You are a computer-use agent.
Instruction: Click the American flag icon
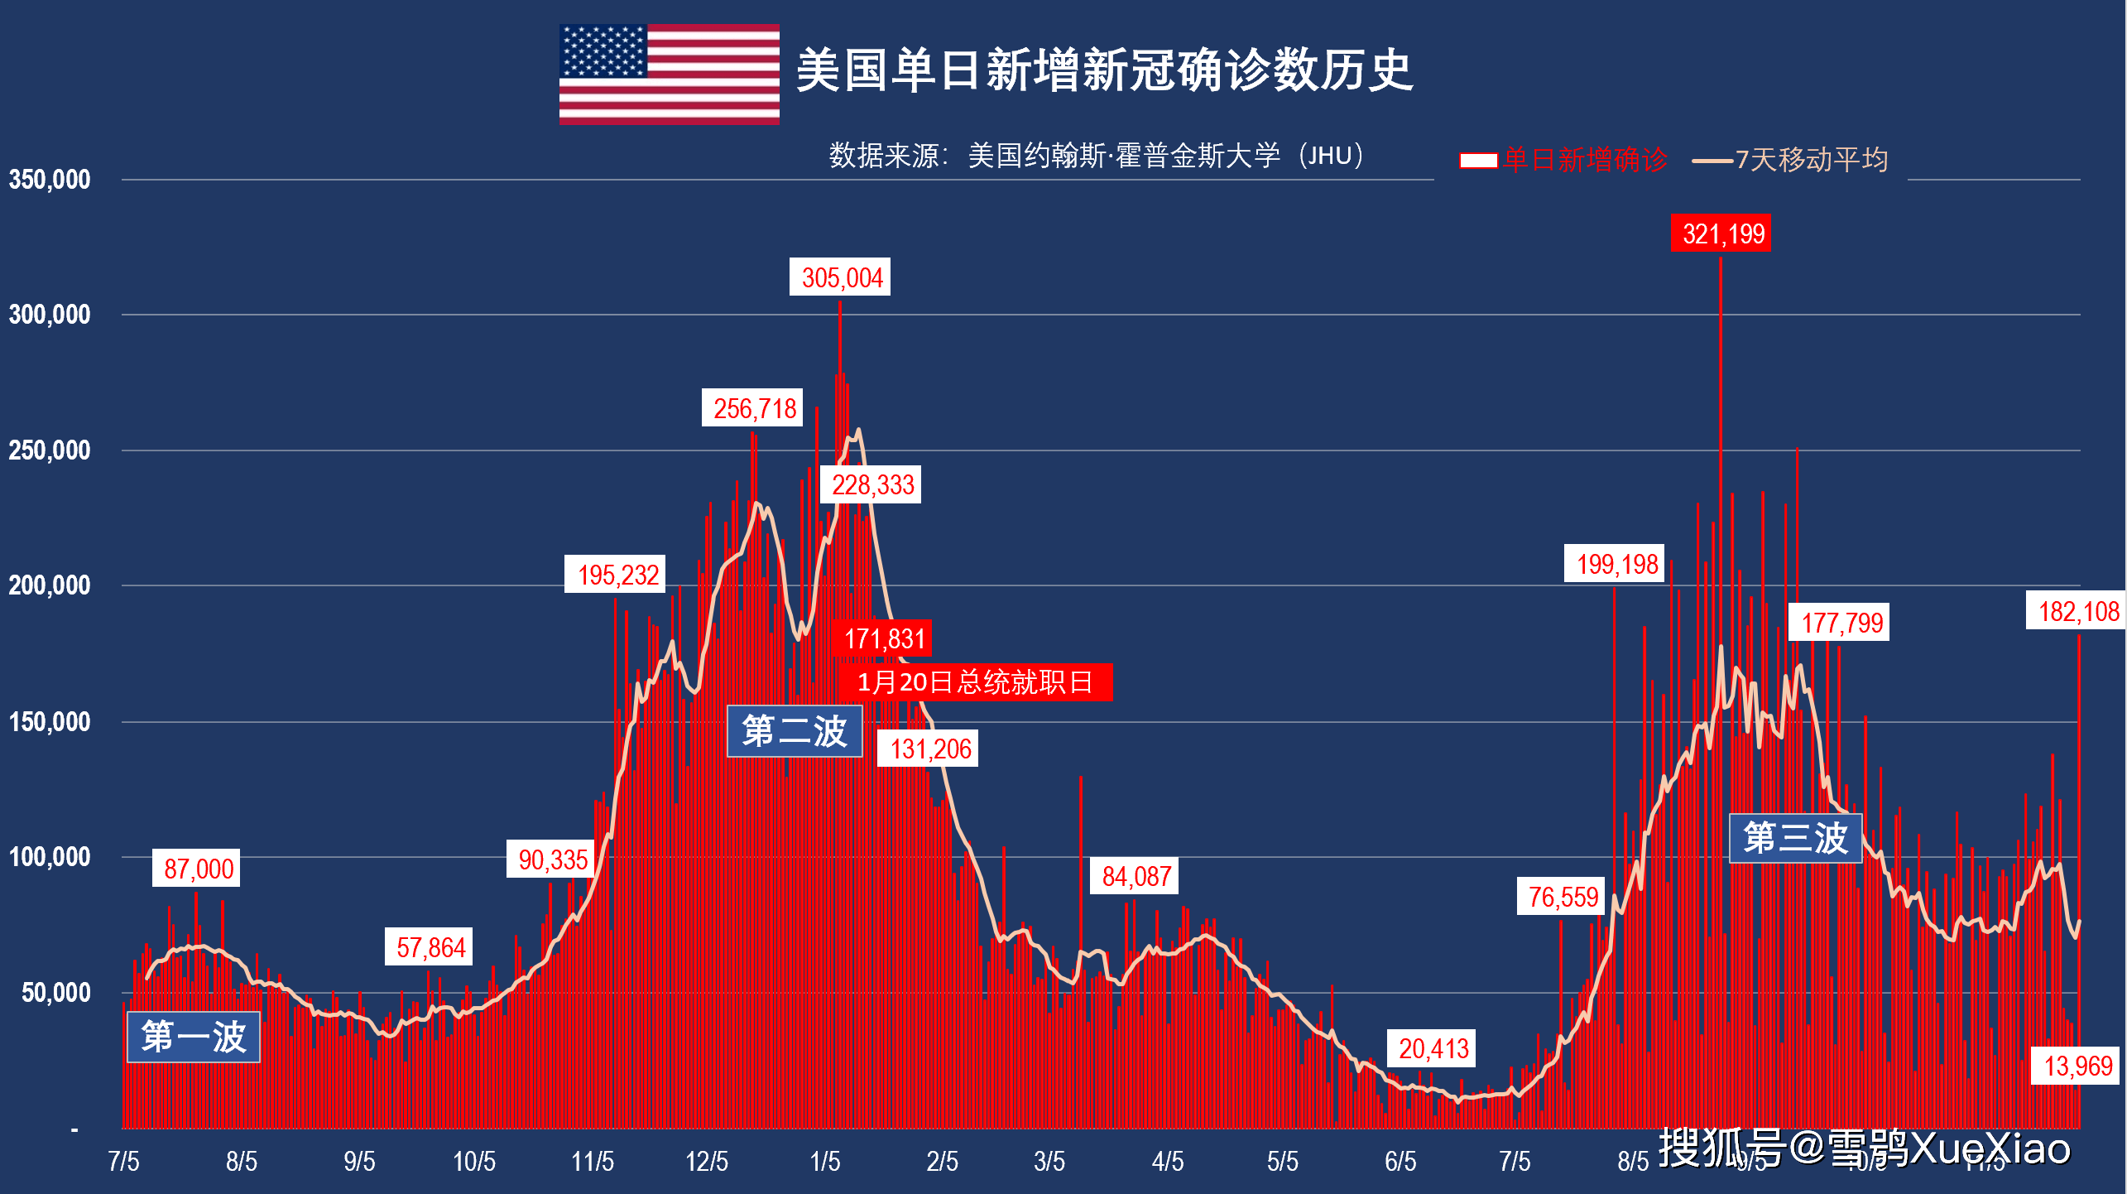click(x=669, y=75)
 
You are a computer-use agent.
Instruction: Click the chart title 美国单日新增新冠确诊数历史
click(x=1104, y=70)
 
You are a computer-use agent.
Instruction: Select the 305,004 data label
click(x=841, y=277)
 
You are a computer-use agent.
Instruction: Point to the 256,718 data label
click(x=754, y=408)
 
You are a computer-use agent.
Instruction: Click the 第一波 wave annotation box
click(x=194, y=1037)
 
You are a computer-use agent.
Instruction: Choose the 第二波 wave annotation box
click(x=795, y=731)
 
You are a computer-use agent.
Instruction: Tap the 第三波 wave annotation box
click(x=1795, y=838)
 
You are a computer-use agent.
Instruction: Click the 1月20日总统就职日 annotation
click(x=975, y=682)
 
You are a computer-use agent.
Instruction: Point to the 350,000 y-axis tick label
click(x=50, y=180)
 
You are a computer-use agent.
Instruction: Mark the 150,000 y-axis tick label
click(x=50, y=722)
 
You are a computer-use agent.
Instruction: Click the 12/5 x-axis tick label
click(x=706, y=1161)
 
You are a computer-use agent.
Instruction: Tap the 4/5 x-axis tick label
click(x=1167, y=1161)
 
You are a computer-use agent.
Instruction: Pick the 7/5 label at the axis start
click(x=123, y=1161)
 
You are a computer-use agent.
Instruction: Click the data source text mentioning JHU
click(x=1096, y=155)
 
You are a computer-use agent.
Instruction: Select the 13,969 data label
click(x=2077, y=1066)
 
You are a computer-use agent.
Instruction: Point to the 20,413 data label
click(x=1433, y=1048)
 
